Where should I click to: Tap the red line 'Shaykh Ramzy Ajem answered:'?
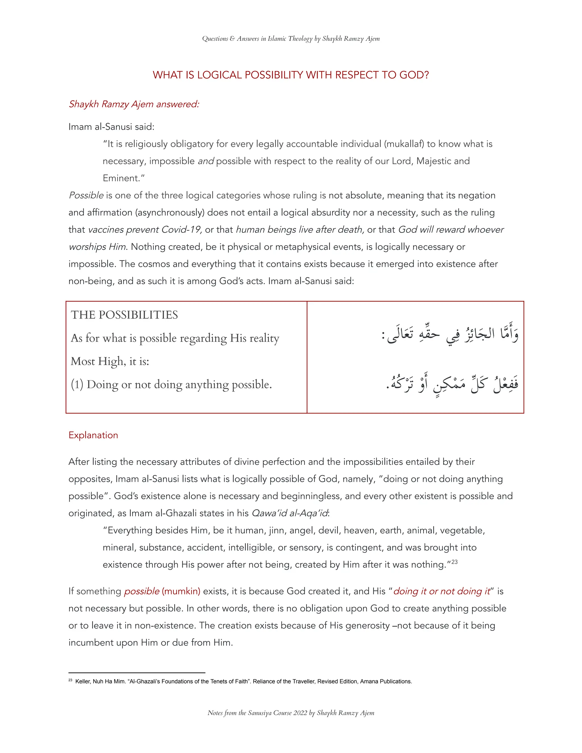[134, 104]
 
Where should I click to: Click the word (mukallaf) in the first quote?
[404, 144]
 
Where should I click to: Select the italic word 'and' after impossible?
[206, 161]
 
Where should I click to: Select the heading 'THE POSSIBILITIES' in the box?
[124, 315]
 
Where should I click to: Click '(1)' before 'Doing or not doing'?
[77, 384]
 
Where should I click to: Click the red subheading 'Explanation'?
[93, 435]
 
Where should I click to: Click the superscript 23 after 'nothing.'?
[454, 562]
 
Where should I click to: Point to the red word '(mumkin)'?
[181, 591]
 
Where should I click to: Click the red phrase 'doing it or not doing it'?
[441, 591]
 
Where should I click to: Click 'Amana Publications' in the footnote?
[386, 682]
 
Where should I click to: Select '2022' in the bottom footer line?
[300, 713]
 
